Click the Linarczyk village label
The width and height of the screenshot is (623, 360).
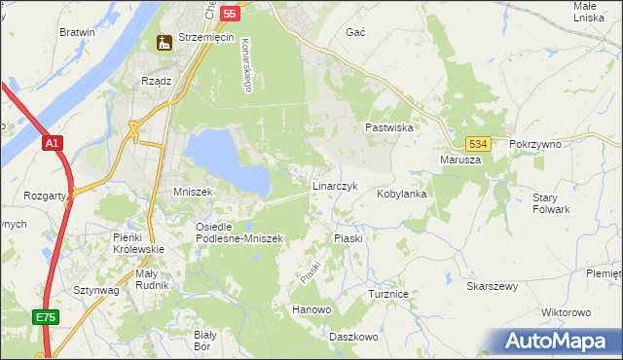pos(336,185)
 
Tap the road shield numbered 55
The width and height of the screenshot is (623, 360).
pos(230,14)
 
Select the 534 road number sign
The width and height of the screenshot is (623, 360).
pos(475,143)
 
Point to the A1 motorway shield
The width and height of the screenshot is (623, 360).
pos(54,144)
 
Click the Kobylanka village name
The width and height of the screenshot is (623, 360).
pos(402,194)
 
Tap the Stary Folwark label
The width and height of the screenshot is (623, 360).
pos(551,203)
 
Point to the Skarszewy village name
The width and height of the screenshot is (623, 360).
pos(493,287)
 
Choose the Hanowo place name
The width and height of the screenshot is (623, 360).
pos(311,309)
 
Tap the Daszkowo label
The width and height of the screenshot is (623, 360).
pos(352,337)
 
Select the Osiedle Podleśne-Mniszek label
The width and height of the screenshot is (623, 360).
pos(238,233)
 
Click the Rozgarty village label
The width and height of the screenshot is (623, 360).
pos(47,195)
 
